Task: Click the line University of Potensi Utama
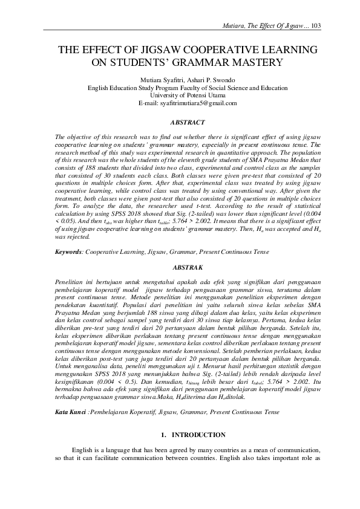pyautogui.click(x=179, y=96)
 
